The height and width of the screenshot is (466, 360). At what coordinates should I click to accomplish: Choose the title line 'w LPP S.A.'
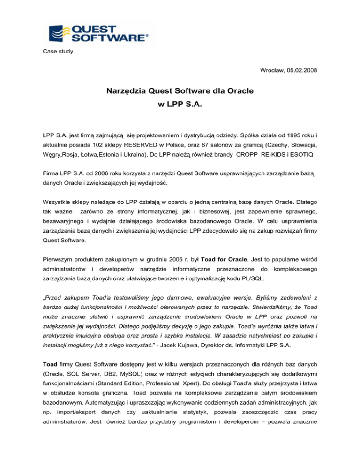click(x=180, y=114)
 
